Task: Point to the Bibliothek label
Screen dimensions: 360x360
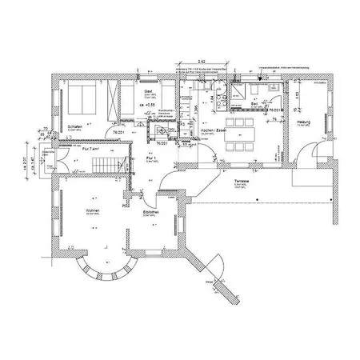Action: click(152, 213)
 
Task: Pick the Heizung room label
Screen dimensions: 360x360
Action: click(304, 122)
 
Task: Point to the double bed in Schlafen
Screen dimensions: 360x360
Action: click(80, 100)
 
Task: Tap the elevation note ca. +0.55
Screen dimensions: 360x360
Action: click(148, 106)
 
